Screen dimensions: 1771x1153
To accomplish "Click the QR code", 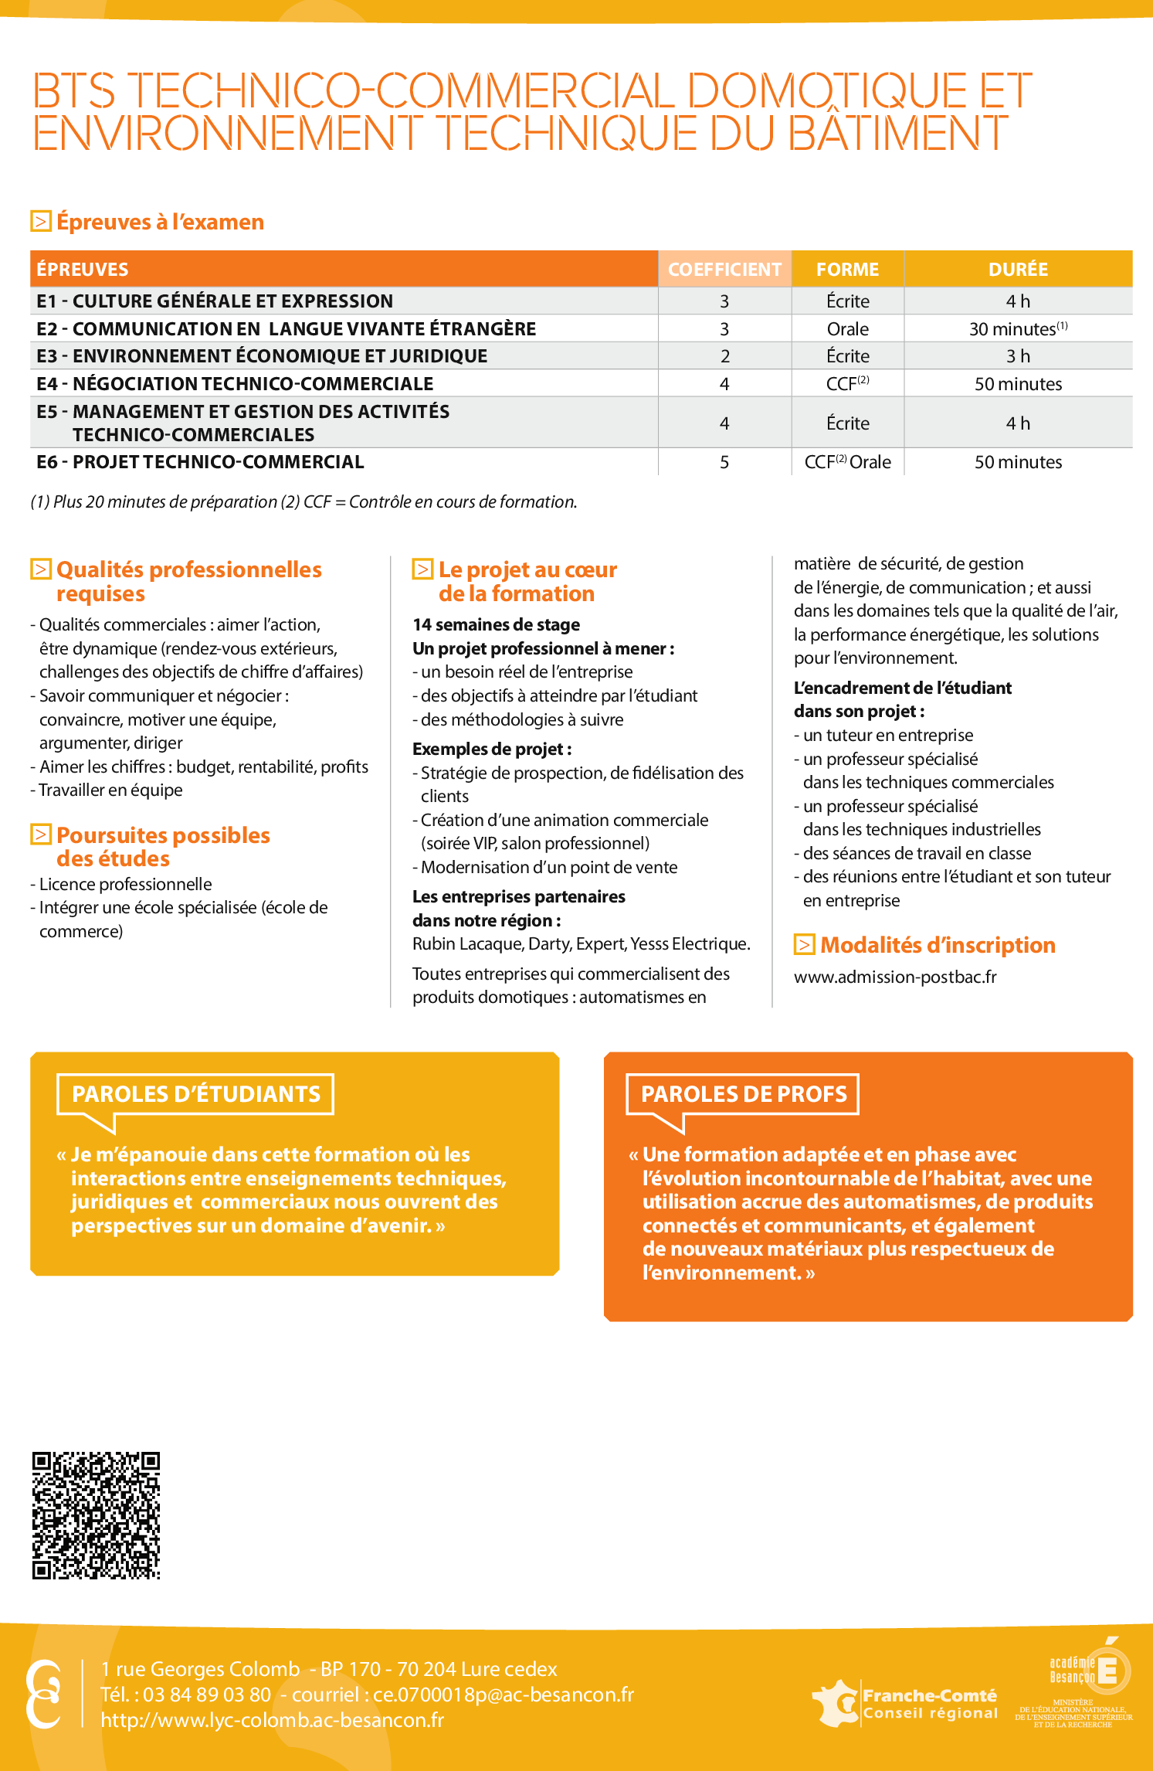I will [96, 1514].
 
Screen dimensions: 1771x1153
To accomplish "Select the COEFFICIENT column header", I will [724, 269].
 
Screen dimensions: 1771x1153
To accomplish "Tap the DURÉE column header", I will [1018, 269].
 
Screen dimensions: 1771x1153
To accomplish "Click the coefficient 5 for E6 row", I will [724, 462].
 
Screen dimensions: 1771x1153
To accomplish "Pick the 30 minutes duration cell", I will [1018, 329].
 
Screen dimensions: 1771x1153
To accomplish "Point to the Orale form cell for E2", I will [847, 329].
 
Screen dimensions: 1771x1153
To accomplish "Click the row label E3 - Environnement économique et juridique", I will [262, 356].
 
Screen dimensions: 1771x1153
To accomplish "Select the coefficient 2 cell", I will [724, 356].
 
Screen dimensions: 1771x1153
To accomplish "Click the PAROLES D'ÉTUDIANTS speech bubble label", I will [195, 1094].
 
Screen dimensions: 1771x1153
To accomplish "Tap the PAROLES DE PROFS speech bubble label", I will [743, 1094].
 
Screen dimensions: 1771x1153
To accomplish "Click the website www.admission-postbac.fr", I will [895, 977].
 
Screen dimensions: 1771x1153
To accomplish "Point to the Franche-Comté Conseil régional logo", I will [906, 1703].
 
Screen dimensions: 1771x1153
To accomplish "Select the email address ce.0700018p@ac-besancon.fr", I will [503, 1695].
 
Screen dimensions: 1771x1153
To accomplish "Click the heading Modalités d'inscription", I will [937, 945].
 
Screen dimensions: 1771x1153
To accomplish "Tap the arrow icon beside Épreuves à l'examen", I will [41, 221].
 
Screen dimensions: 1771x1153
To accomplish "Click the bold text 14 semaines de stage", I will [496, 624].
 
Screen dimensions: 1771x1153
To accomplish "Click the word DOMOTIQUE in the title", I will [826, 90].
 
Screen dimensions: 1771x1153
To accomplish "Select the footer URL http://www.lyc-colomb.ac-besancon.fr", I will [272, 1720].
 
